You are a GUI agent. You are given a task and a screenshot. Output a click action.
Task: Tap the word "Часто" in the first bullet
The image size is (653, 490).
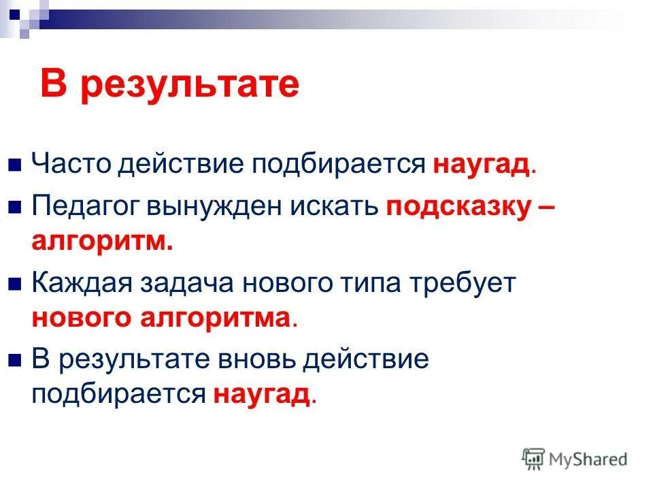71,165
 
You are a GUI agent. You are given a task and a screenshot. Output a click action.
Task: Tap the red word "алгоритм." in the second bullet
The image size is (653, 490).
102,242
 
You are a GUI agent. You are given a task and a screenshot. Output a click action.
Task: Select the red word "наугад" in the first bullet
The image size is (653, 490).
481,165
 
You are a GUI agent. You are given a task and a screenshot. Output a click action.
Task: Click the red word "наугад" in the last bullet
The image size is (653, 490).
262,394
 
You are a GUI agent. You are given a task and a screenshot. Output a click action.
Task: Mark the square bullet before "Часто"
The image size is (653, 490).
16,166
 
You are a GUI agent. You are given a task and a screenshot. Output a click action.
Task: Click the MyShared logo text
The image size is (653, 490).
588,459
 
